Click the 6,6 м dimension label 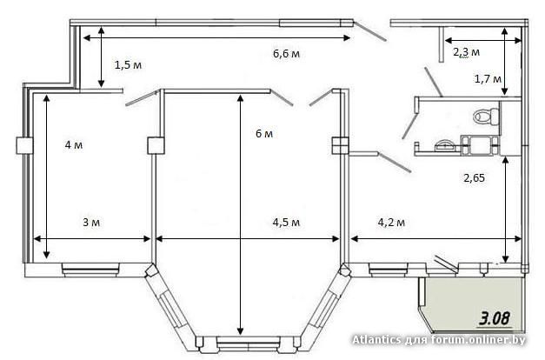[x=286, y=54]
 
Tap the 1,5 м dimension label [x=129, y=65]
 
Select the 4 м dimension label [x=74, y=144]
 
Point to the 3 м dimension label [x=91, y=223]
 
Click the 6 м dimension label [x=264, y=134]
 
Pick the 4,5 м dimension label [x=286, y=223]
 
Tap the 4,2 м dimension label [x=391, y=223]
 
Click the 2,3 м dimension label [x=467, y=52]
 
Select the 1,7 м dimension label [x=488, y=79]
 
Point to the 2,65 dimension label [x=474, y=178]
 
